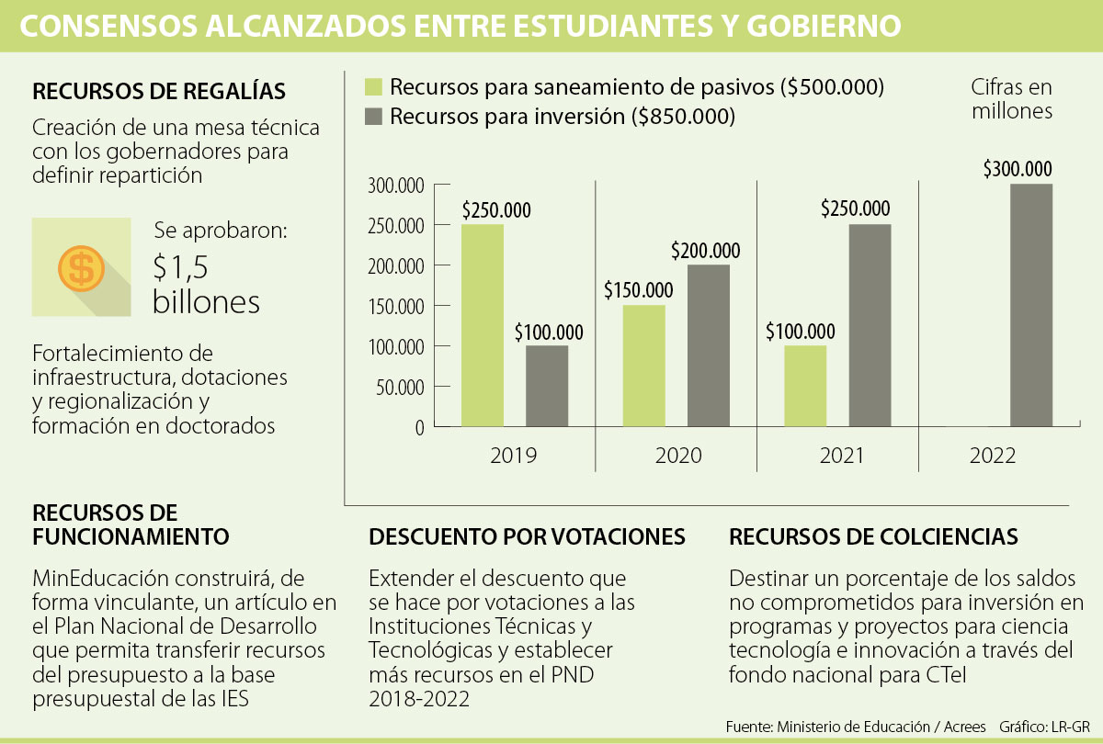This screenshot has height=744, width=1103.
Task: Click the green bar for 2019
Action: [x=483, y=326]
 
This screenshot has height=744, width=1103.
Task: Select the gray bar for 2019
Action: [x=547, y=386]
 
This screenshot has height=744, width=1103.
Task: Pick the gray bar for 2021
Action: [x=869, y=326]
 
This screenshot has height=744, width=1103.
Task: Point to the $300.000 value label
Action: [x=1018, y=169]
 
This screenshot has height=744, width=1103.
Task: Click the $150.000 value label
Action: [x=638, y=290]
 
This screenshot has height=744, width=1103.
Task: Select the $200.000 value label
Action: [x=706, y=250]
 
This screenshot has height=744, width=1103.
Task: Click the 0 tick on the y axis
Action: [x=419, y=427]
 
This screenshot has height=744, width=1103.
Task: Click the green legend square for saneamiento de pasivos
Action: [x=373, y=87]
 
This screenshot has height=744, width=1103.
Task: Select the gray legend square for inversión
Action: [x=373, y=117]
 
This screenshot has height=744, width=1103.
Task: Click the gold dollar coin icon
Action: [x=81, y=268]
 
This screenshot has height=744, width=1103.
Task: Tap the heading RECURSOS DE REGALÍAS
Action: [x=159, y=92]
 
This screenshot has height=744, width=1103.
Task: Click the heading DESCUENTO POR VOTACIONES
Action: [x=527, y=536]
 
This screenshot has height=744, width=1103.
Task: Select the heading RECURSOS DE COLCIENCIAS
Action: [x=873, y=536]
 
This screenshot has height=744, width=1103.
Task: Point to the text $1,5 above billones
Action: [x=181, y=266]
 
